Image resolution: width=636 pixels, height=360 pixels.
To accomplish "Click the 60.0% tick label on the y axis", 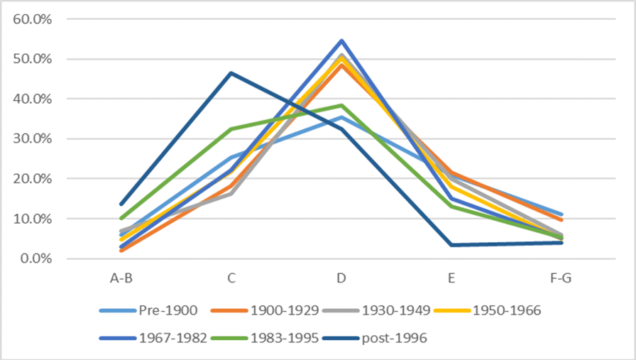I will pyautogui.click(x=33, y=19).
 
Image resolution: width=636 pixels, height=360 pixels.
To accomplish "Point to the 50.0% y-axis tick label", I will pyautogui.click(x=33, y=59).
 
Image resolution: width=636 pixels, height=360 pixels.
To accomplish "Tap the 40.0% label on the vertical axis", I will pyautogui.click(x=33, y=99).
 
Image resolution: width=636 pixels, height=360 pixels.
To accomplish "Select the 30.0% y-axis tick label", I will pyautogui.click(x=33, y=139).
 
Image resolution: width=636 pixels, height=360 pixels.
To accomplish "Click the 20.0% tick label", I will pyautogui.click(x=33, y=179).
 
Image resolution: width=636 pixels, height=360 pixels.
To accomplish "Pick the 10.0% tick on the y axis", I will pyautogui.click(x=33, y=219).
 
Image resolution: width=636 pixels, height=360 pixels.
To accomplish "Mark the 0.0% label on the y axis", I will pyautogui.click(x=35, y=258).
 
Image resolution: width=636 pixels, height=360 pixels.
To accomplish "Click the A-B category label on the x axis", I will pyautogui.click(x=121, y=278).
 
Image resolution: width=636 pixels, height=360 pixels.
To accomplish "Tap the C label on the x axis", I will pyautogui.click(x=231, y=278).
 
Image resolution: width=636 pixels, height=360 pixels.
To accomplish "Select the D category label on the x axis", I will pyautogui.click(x=341, y=278).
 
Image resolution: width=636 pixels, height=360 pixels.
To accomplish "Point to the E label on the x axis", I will pyautogui.click(x=451, y=278).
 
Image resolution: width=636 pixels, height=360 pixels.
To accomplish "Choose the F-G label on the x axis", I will pyautogui.click(x=561, y=278).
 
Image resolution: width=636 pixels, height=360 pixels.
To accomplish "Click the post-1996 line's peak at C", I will pyautogui.click(x=231, y=73).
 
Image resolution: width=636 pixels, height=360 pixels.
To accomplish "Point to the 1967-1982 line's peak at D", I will pyautogui.click(x=341, y=40).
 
